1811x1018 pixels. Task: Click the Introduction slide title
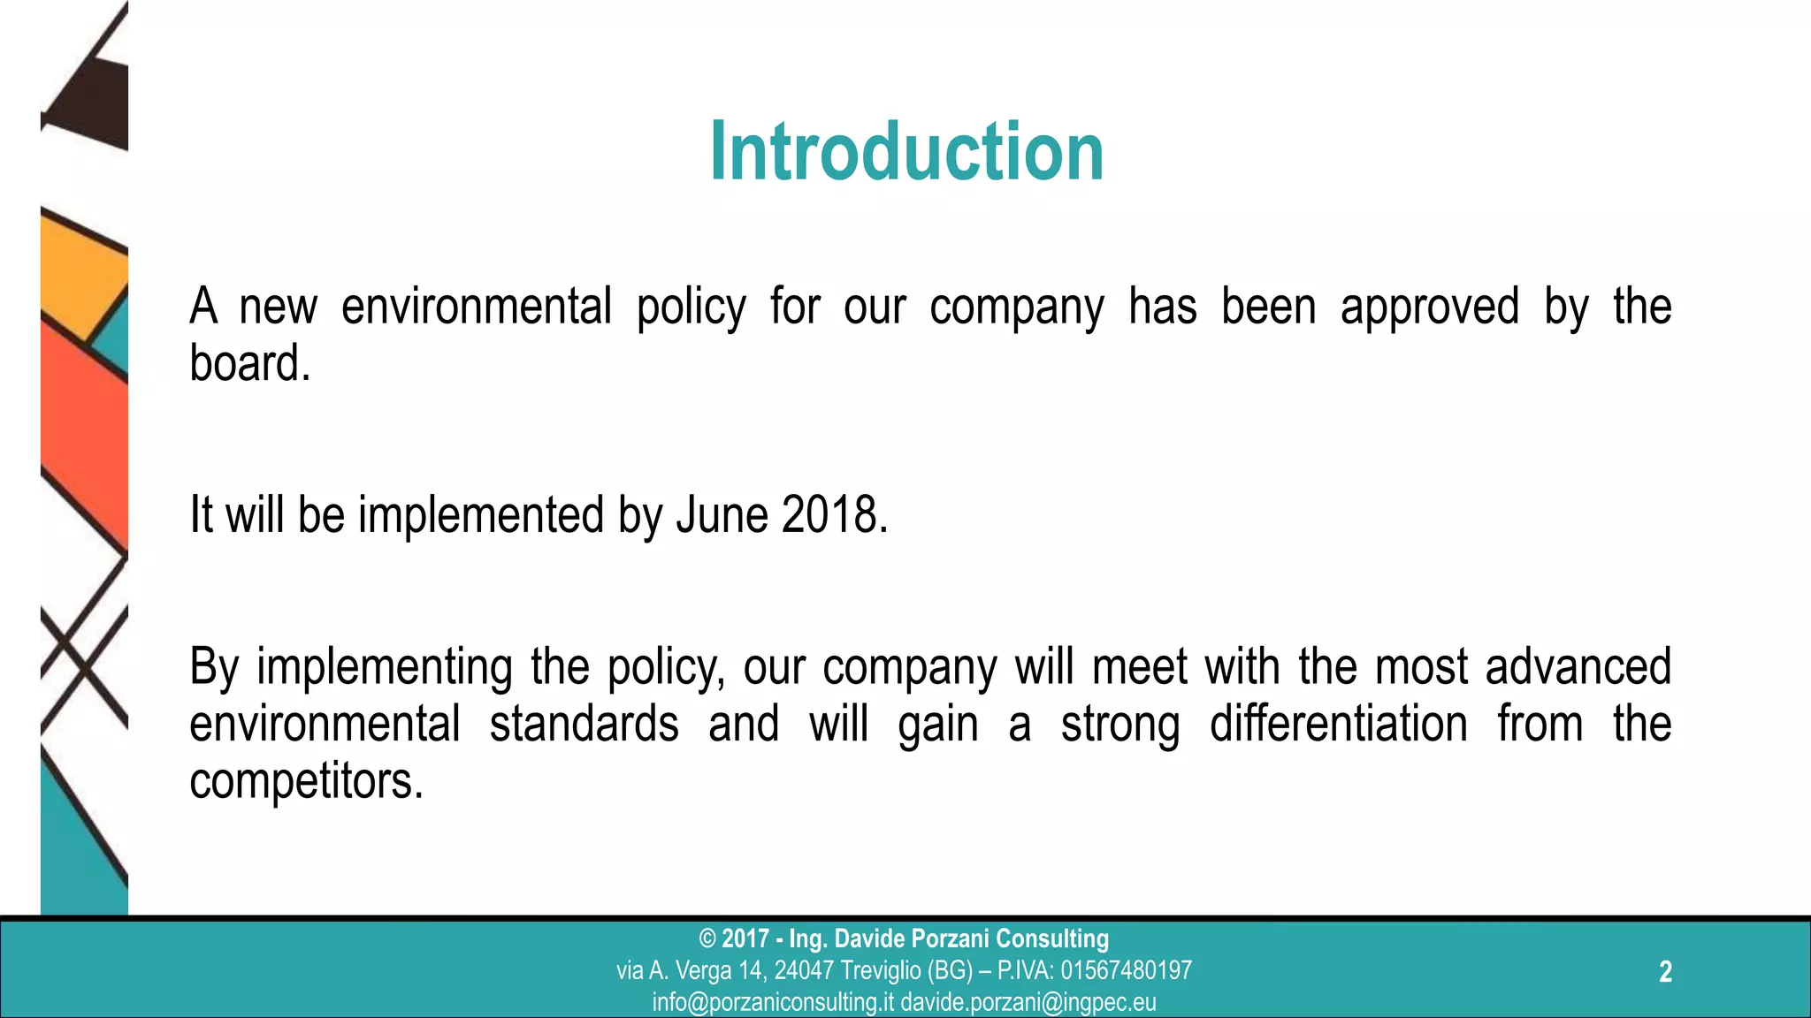coord(906,152)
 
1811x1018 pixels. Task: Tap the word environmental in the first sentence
coord(477,307)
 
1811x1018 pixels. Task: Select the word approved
coord(1429,307)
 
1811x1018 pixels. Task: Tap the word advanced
coord(1578,666)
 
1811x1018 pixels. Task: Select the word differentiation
coord(1338,724)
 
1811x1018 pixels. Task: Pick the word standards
coord(584,724)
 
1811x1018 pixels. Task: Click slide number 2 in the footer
coord(1665,972)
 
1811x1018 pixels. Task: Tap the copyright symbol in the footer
coord(707,938)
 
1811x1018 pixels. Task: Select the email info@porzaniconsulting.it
coord(773,1002)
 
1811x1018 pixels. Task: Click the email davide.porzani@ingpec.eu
coord(1028,1002)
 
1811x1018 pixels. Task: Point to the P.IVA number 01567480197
coord(1126,970)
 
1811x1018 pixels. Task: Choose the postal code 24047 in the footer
coord(804,970)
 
